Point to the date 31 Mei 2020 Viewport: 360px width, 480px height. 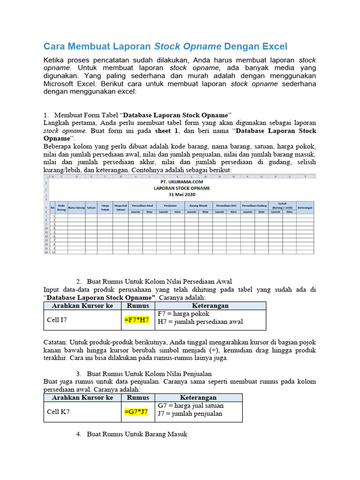pyautogui.click(x=182, y=194)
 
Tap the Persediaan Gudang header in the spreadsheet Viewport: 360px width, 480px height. pyautogui.click(x=255, y=205)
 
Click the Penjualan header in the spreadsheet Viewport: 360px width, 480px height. pyautogui.click(x=170, y=205)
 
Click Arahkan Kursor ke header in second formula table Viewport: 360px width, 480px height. pyautogui.click(x=82, y=397)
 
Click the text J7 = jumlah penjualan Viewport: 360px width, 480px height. pyautogui.click(x=190, y=413)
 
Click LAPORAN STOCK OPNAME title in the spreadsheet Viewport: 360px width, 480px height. pyautogui.click(x=182, y=187)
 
